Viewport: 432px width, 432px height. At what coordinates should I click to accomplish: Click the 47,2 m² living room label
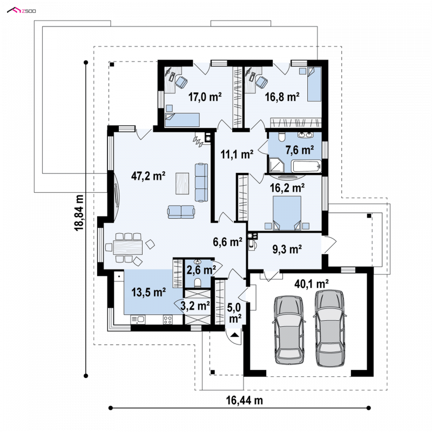tap(148, 176)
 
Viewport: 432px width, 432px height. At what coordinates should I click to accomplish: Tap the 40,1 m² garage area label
tap(312, 283)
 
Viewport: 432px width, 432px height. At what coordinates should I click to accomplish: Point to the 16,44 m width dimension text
tap(245, 400)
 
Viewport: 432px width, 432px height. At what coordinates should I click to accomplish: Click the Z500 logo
tap(22, 11)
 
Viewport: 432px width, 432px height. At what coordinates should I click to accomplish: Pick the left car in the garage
tap(289, 330)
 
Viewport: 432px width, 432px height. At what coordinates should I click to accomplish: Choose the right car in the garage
tap(330, 328)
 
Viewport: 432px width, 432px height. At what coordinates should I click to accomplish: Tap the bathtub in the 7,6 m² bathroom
tap(306, 166)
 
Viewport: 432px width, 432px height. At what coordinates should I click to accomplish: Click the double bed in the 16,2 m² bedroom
tap(287, 213)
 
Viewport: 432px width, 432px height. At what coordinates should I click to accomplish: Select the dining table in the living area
tap(128, 247)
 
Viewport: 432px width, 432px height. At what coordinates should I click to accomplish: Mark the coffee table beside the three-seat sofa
tap(182, 183)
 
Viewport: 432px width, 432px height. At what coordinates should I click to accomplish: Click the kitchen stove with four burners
tap(168, 320)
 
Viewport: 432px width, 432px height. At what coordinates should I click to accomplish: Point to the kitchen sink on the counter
tap(138, 320)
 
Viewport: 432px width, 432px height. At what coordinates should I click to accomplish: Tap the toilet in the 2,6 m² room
tap(198, 282)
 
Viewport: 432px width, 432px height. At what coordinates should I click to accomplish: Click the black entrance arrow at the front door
tap(235, 335)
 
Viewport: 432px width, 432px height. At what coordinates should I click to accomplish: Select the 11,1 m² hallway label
tap(237, 154)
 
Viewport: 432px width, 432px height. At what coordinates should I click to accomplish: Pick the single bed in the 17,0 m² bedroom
tap(182, 119)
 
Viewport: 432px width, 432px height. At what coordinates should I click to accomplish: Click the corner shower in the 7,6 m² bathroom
tap(276, 165)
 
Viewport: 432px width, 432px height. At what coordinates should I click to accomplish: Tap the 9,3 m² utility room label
tap(287, 249)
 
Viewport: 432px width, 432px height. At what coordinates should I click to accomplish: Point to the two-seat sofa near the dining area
tap(181, 212)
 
